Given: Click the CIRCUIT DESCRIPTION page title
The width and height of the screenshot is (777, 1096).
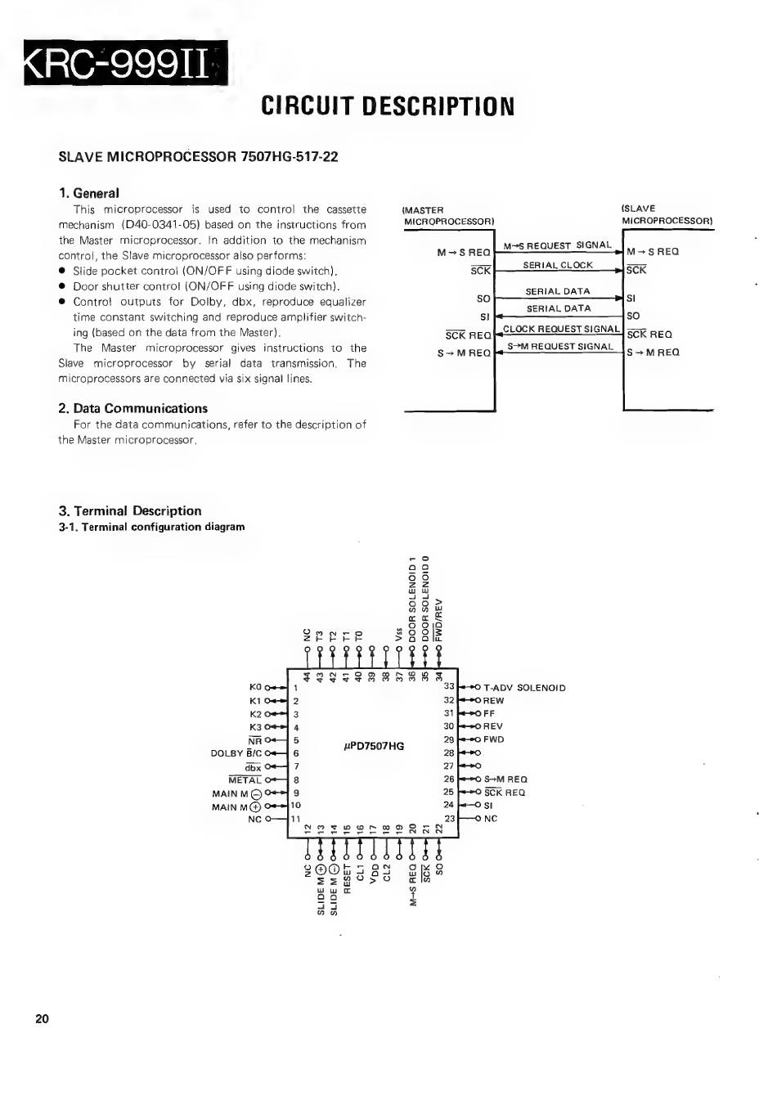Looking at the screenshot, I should point(388,106).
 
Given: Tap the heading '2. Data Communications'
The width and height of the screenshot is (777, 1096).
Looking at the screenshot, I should point(133,408).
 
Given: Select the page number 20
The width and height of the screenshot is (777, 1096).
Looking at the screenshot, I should point(43,1019).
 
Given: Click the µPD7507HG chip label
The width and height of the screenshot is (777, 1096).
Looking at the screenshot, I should point(374,746).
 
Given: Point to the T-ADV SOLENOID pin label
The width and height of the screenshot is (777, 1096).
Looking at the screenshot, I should point(524,688).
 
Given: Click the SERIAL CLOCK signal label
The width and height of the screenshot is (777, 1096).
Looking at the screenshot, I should point(558,265).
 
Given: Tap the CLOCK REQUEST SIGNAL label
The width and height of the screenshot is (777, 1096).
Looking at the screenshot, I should point(561,329).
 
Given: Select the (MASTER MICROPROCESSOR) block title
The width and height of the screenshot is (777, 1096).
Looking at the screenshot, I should point(448,215).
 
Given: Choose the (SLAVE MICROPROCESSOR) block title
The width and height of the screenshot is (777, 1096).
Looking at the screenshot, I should point(667,214).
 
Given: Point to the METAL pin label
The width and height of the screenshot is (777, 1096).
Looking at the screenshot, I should point(245,780).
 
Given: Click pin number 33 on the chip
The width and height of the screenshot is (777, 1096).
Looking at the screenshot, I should point(449,686).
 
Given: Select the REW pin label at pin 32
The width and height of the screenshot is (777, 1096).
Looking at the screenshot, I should point(493,701).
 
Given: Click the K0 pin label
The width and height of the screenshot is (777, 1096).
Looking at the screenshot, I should point(255,688).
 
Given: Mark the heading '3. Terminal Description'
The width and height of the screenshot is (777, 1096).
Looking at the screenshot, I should point(130,510).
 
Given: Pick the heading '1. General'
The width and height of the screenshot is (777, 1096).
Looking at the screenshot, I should point(89,193).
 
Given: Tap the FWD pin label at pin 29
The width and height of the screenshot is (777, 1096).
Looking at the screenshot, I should point(493,739).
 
